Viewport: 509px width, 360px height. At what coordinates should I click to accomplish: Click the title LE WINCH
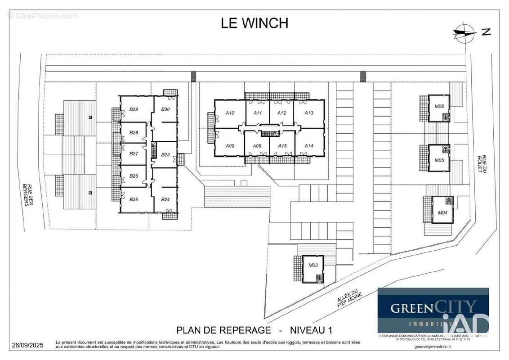(254, 23)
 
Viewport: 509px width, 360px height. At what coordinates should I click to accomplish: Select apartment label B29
(134, 109)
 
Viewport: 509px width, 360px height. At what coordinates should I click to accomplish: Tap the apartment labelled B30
(165, 109)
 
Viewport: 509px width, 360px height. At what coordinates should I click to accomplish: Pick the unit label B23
(165, 154)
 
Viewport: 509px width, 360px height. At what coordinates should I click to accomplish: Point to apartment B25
(134, 199)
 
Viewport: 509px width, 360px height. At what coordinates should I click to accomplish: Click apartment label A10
(230, 113)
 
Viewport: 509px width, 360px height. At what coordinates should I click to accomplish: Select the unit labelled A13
(308, 113)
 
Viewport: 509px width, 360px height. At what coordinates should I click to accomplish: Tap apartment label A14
(308, 146)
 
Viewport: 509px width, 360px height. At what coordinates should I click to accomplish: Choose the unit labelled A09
(230, 146)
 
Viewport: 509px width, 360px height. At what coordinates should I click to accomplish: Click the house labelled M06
(439, 107)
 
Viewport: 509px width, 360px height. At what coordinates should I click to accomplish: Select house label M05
(439, 160)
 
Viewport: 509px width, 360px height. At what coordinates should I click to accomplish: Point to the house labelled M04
(442, 213)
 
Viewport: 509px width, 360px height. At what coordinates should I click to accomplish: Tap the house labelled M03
(313, 265)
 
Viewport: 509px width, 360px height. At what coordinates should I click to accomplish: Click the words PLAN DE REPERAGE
(223, 330)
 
